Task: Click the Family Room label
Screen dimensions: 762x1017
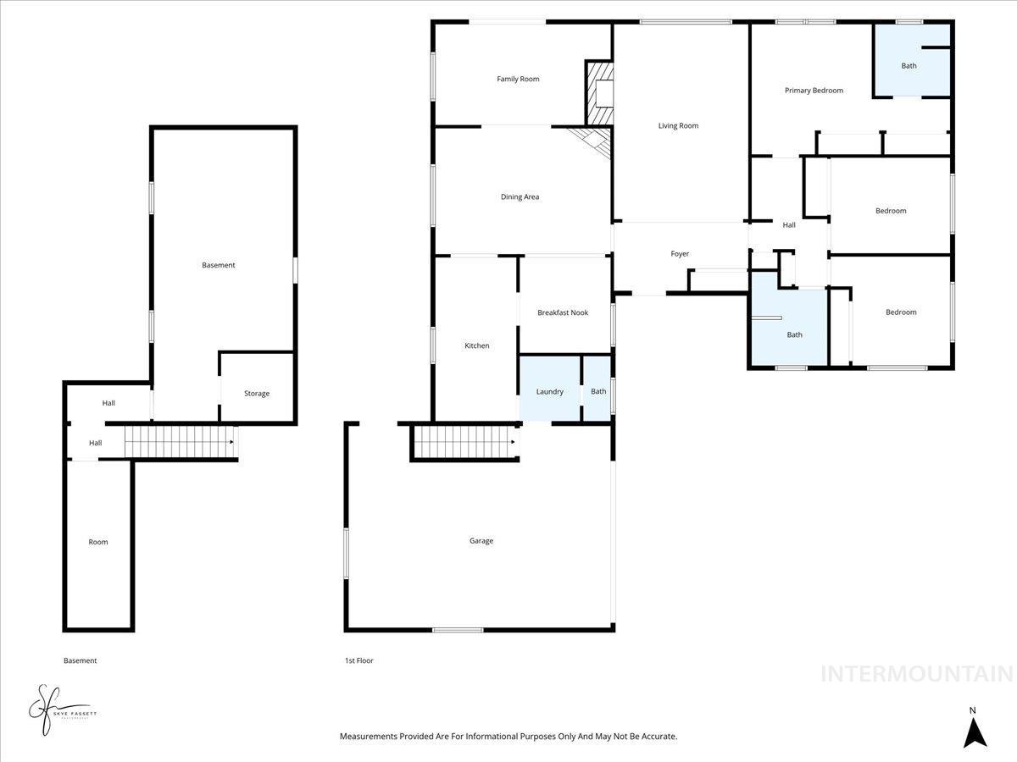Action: point(518,79)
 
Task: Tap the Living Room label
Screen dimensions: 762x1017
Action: point(678,125)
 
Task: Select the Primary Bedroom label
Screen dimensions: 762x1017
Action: point(814,91)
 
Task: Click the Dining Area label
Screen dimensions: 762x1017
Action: point(520,196)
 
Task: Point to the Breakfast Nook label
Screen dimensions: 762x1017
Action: point(563,312)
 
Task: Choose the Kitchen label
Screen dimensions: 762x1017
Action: point(477,345)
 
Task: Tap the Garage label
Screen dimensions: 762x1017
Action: point(481,541)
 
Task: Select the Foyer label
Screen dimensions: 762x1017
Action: point(680,254)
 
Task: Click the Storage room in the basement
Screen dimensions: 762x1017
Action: point(257,393)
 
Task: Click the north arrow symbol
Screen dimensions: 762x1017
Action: point(975,730)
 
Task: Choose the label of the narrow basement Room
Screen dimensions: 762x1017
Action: point(98,542)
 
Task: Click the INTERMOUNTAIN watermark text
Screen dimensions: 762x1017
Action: point(917,674)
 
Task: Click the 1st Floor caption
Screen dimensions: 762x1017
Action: point(358,660)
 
